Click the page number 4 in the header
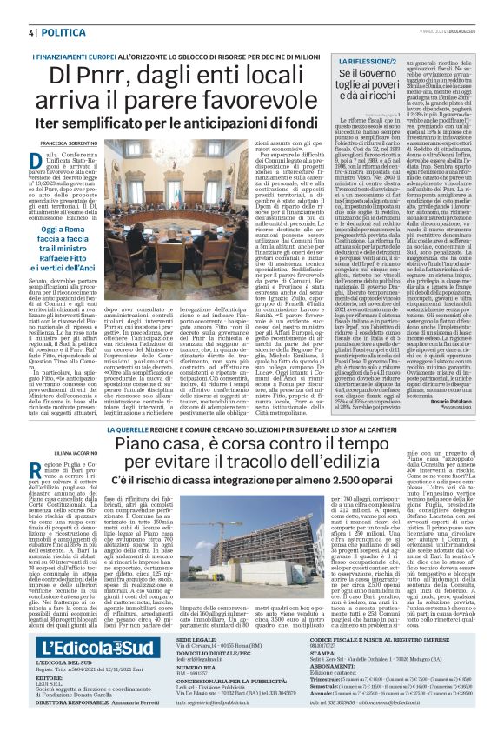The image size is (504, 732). click(31, 32)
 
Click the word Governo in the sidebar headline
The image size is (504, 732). click(377, 76)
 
